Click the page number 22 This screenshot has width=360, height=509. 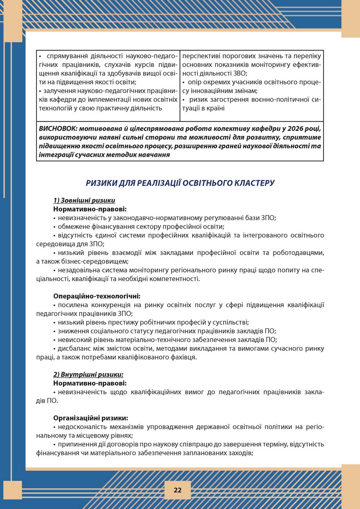pyautogui.click(x=178, y=490)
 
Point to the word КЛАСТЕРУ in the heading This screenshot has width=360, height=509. pyautogui.click(x=252, y=183)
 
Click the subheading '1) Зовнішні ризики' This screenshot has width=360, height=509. pyautogui.click(x=84, y=201)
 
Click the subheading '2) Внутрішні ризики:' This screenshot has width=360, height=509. pyautogui.click(x=88, y=374)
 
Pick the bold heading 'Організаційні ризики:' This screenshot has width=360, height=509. pyautogui.click(x=90, y=417)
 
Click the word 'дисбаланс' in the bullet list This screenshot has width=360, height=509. pyautogui.click(x=72, y=348)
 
